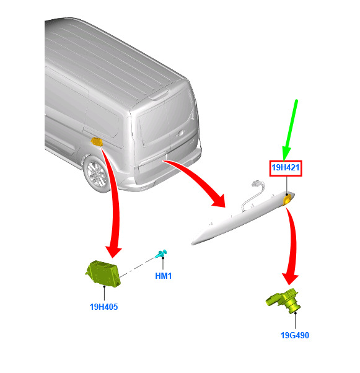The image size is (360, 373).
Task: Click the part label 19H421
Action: [x=286, y=168]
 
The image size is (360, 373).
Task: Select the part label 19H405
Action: [x=103, y=307]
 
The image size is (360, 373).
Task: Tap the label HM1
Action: [x=163, y=276]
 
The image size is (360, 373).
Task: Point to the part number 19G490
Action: [x=295, y=335]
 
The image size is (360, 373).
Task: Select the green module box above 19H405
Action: [x=103, y=274]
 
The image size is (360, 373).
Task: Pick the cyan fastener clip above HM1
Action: [x=161, y=254]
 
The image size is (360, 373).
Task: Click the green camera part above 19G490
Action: [x=284, y=301]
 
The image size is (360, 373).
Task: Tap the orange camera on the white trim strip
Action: [x=287, y=200]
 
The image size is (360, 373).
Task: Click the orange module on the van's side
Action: [x=97, y=141]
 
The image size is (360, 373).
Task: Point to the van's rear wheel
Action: [x=97, y=173]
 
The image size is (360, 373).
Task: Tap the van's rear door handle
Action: [x=180, y=134]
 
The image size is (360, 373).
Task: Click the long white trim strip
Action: [x=243, y=219]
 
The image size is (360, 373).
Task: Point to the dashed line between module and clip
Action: [x=137, y=267]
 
